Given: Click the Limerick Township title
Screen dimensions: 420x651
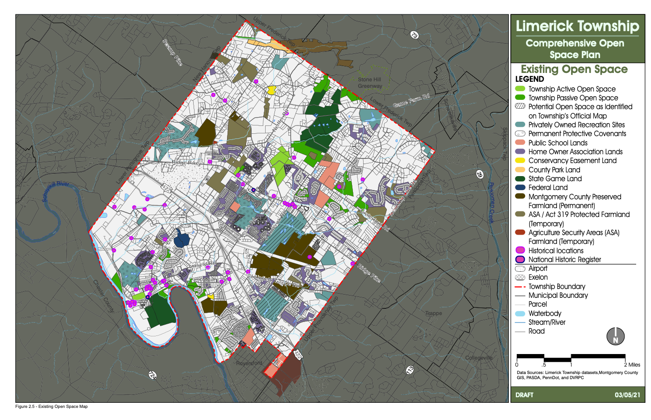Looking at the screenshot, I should point(577,26).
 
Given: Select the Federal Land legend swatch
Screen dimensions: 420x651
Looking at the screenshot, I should point(520,187).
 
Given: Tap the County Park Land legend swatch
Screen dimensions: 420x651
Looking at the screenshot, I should point(520,170).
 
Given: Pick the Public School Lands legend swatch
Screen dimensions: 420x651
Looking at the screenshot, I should point(520,143).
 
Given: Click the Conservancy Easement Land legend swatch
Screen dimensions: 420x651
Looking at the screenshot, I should point(520,161).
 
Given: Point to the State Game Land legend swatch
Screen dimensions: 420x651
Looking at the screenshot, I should point(520,178).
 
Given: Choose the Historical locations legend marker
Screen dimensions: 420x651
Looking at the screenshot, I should point(520,250).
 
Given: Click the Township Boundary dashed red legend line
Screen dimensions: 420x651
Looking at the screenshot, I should point(520,287).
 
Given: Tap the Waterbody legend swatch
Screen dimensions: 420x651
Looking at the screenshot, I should point(520,314).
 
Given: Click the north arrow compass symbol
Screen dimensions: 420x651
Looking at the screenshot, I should point(615,336).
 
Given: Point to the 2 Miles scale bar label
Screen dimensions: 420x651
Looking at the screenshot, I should point(632,365).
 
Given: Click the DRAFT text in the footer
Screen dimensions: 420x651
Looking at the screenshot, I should point(524,395).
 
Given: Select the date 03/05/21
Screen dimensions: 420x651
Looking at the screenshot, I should point(627,395).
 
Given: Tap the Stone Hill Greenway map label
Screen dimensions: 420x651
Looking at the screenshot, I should point(370,83).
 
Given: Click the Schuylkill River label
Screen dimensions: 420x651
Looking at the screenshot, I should point(56,191).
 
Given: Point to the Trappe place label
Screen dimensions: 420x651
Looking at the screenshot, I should point(434,313).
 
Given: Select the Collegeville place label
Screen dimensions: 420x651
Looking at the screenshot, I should point(479,358).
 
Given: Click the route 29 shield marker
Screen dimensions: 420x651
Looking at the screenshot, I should point(480,175).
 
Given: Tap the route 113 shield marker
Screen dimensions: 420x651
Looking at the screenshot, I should point(410,370).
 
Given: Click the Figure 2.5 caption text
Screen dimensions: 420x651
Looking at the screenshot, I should point(51,407).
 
